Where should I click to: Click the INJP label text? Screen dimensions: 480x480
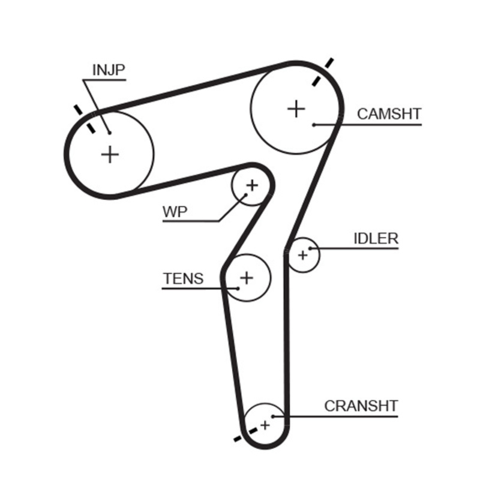[109, 70]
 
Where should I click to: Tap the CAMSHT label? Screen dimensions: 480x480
[389, 114]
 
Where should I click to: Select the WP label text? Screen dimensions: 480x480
[175, 211]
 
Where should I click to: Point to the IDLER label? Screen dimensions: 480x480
[376, 238]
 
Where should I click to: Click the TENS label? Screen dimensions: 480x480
[183, 279]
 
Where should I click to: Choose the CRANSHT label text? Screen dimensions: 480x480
[361, 406]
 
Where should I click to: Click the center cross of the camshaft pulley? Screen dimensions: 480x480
[296, 109]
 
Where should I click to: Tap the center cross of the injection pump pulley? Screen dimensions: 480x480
[110, 154]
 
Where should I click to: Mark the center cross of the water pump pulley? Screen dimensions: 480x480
[252, 185]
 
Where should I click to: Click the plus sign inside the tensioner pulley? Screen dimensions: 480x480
[247, 277]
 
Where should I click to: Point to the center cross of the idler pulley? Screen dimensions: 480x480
[302, 256]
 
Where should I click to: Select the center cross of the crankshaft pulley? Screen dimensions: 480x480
[265, 424]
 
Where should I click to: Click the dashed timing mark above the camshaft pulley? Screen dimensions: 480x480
[322, 71]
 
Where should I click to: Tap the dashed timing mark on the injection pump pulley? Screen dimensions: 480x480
[85, 119]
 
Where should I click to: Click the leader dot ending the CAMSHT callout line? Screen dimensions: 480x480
[314, 125]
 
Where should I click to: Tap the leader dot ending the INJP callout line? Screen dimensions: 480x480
[109, 133]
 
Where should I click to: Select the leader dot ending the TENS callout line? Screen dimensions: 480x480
[238, 289]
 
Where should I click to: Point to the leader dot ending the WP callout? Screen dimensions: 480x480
[245, 195]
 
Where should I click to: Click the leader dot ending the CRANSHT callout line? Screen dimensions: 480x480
[273, 415]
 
